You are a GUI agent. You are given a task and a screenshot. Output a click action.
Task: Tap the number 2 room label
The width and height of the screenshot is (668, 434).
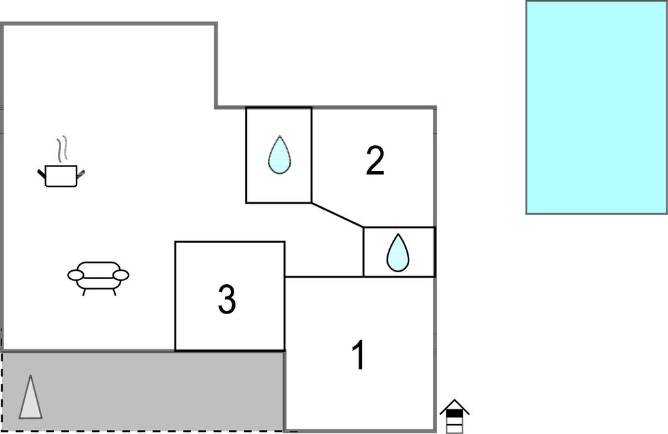point(375,160)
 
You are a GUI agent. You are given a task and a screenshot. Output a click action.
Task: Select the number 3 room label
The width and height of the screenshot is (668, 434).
point(227,300)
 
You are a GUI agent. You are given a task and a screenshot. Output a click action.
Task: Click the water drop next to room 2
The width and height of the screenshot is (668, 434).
point(279,154)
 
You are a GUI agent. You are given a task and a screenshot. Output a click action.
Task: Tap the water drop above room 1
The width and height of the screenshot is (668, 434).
point(398,252)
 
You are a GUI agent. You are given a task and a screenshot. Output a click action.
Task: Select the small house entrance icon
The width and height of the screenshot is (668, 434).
point(454,415)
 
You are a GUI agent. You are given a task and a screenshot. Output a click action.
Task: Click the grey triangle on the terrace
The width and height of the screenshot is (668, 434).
point(31,397)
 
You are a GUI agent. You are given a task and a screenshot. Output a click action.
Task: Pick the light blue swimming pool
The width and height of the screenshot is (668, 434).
point(597,107)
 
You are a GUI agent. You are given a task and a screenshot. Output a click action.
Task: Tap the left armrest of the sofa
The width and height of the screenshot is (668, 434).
point(75,275)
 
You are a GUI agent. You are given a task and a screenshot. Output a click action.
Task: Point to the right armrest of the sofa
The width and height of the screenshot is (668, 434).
point(121,275)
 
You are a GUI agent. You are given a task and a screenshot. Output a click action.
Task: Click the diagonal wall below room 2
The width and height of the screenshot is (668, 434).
point(337,215)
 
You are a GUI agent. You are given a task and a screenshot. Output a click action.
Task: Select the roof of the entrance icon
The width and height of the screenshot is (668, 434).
point(454,406)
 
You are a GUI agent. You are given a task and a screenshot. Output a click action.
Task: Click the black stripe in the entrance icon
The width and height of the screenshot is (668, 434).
point(454,413)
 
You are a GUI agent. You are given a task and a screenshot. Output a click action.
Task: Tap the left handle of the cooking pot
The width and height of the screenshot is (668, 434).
point(42,174)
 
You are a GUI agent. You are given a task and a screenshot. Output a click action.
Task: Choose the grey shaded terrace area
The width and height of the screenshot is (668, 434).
point(143,391)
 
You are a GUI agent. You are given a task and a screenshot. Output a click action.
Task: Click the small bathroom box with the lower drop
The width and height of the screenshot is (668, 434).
point(399,252)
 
